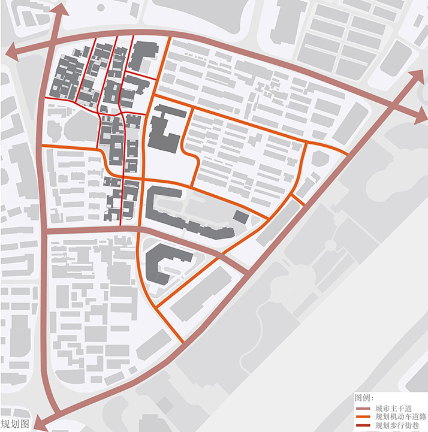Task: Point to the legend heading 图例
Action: click(364, 398)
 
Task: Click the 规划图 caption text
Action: click(15, 423)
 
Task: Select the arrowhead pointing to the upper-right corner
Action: click(416, 75)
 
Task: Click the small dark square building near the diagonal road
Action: click(240, 217)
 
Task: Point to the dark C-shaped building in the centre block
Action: click(163, 128)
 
